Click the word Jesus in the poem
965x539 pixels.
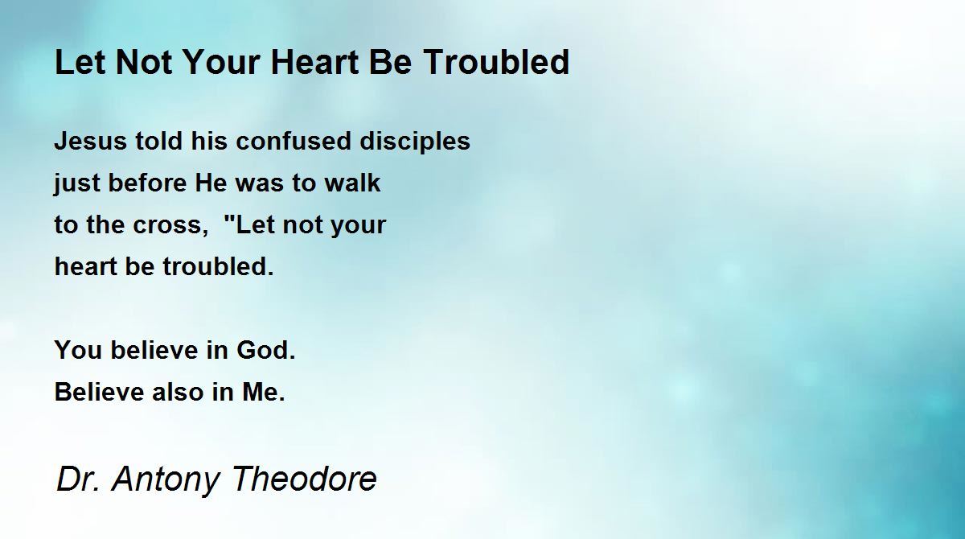pyautogui.click(x=90, y=141)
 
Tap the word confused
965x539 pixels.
pyautogui.click(x=294, y=141)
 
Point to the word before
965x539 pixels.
pyautogui.click(x=148, y=183)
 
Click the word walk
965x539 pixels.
pyautogui.click(x=352, y=183)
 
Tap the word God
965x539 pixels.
pyautogui.click(x=266, y=350)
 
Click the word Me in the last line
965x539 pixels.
pyautogui.click(x=263, y=392)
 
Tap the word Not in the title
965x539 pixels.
pyautogui.click(x=144, y=62)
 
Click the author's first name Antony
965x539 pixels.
pyautogui.click(x=166, y=479)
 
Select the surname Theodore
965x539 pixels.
pyautogui.click(x=304, y=478)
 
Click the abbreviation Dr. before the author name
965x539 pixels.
pyautogui.click(x=77, y=478)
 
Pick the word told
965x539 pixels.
pyautogui.click(x=158, y=141)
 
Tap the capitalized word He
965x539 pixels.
pyautogui.click(x=211, y=183)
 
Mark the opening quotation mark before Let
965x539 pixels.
pyautogui.click(x=230, y=219)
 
